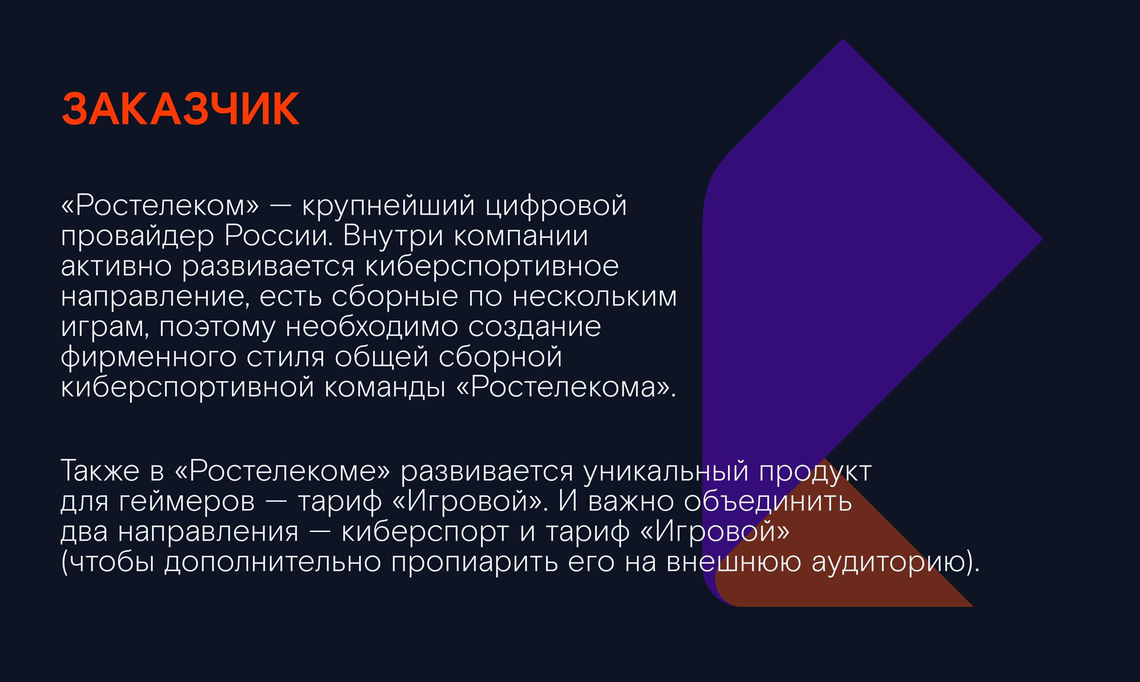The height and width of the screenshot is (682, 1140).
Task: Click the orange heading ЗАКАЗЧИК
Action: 180,109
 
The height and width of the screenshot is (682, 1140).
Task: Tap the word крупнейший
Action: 388,205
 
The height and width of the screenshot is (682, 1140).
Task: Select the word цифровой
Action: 556,205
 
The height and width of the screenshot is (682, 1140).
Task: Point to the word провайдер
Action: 137,236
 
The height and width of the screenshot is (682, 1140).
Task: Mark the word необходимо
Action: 372,327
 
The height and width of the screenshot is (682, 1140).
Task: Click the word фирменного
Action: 148,357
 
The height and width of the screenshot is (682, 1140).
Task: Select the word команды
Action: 385,387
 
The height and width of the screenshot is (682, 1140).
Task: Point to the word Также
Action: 100,471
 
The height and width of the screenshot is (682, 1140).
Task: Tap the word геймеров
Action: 187,501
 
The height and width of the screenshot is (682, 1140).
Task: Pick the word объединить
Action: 768,501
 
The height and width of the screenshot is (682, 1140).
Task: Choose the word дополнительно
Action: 273,562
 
